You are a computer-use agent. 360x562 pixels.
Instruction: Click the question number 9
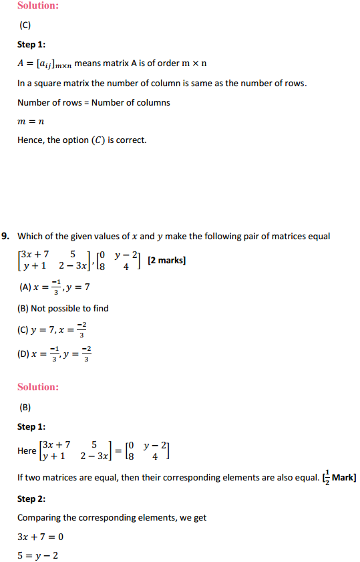6,236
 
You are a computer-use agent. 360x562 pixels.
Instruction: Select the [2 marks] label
166,260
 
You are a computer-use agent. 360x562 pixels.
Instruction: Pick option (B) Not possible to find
63,308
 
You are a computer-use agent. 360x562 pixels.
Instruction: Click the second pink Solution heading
38,387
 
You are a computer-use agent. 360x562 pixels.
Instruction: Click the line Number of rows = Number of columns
94,102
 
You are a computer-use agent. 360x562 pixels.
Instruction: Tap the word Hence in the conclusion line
30,140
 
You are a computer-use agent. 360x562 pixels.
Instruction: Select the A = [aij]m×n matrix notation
44,64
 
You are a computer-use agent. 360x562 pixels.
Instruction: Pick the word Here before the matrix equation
27,451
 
